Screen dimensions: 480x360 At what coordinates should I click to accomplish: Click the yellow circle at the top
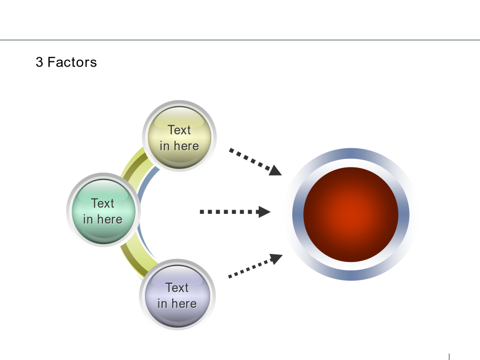(179, 137)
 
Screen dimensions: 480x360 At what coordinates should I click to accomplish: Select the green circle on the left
(103, 210)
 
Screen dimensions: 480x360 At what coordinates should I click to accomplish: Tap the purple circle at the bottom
(177, 295)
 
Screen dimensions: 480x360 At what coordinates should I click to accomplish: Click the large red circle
(351, 214)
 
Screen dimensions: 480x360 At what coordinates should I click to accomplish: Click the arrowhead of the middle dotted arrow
(265, 212)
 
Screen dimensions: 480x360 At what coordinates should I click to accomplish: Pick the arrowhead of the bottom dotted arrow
(276, 259)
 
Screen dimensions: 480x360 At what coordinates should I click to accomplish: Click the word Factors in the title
(72, 62)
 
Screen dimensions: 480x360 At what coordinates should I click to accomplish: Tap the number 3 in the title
(39, 62)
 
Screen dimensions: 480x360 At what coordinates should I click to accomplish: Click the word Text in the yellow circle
(179, 130)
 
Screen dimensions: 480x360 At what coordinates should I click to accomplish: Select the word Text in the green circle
(103, 203)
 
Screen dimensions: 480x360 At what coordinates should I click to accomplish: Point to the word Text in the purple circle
(177, 288)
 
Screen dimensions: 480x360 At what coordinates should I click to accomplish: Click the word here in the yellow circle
(187, 146)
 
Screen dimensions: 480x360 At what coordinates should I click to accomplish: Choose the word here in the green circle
(110, 219)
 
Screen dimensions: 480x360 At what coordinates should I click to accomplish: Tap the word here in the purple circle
(185, 303)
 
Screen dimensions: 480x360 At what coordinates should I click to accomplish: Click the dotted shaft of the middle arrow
(229, 212)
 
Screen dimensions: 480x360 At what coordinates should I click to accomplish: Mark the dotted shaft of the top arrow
(250, 159)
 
